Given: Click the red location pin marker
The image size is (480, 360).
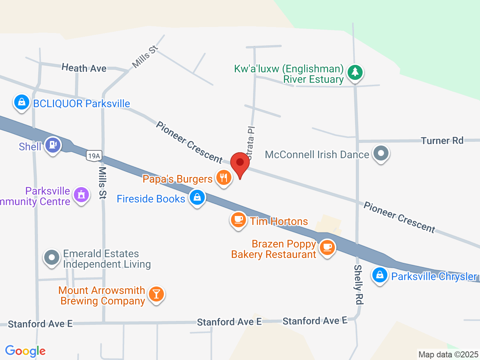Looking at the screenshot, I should [240, 163].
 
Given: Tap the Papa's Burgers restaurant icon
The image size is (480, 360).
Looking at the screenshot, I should [224, 177].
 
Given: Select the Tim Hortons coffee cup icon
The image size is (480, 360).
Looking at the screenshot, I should [238, 219].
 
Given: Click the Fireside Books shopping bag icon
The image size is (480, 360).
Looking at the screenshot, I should [197, 197].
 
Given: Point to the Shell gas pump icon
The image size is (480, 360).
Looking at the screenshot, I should [53, 145].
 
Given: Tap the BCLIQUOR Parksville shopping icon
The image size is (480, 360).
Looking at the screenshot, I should [21, 102].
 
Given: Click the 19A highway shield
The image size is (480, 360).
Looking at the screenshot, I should [94, 156].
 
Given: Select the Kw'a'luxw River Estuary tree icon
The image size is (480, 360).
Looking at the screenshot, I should [355, 72].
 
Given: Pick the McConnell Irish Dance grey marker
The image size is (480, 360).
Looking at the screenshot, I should [381, 153].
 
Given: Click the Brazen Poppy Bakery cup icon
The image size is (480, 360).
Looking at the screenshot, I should [327, 247].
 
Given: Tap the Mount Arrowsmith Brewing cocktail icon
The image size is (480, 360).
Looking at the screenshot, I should [156, 294].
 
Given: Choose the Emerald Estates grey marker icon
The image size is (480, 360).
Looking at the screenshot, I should [52, 258].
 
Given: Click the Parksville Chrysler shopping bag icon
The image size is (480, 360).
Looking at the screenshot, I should [380, 275].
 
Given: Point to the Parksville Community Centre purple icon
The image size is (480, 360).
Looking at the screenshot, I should [81, 195].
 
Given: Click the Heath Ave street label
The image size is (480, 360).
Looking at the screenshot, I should [84, 68].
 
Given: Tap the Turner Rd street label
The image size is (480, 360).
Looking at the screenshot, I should [442, 141].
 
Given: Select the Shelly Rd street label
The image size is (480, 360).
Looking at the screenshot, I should [358, 284].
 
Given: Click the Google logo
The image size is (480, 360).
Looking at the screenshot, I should [25, 351].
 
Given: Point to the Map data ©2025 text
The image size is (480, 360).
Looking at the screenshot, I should [448, 354].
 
